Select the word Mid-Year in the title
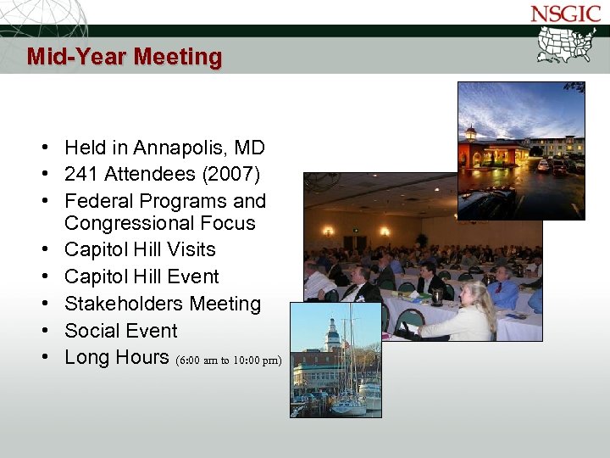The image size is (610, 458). pos(76,57)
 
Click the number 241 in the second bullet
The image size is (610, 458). pos(81,175)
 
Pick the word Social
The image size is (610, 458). pos(93,331)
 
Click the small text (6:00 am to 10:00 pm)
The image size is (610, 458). pos(229,360)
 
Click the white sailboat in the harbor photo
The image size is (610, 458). pos(348,399)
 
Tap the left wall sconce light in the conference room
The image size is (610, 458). pos(328,230)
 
